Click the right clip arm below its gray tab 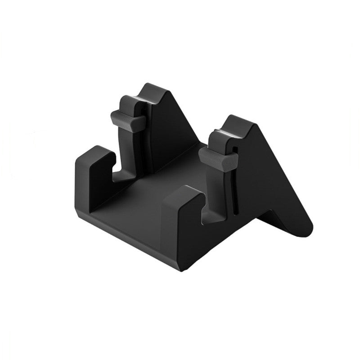219,189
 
